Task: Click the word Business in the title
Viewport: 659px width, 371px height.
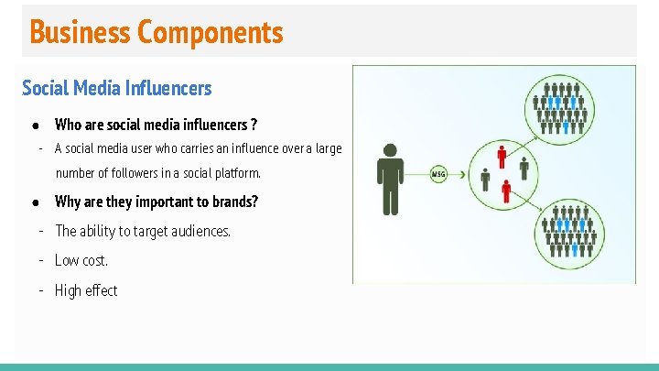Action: tap(81, 32)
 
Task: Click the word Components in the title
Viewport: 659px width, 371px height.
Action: tap(210, 32)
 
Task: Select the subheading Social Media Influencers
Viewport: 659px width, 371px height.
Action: tap(116, 88)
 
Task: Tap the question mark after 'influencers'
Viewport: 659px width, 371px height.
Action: tap(254, 125)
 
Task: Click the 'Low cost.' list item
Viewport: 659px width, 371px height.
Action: tap(81, 260)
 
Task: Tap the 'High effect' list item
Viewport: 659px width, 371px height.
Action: tap(86, 290)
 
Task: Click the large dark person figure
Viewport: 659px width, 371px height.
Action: tap(391, 180)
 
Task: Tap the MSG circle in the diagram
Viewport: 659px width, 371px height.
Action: tap(439, 173)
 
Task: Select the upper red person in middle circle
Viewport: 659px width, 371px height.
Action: tap(502, 158)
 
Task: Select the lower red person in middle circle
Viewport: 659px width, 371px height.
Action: tap(506, 191)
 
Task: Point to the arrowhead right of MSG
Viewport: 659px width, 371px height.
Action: tap(463, 173)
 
